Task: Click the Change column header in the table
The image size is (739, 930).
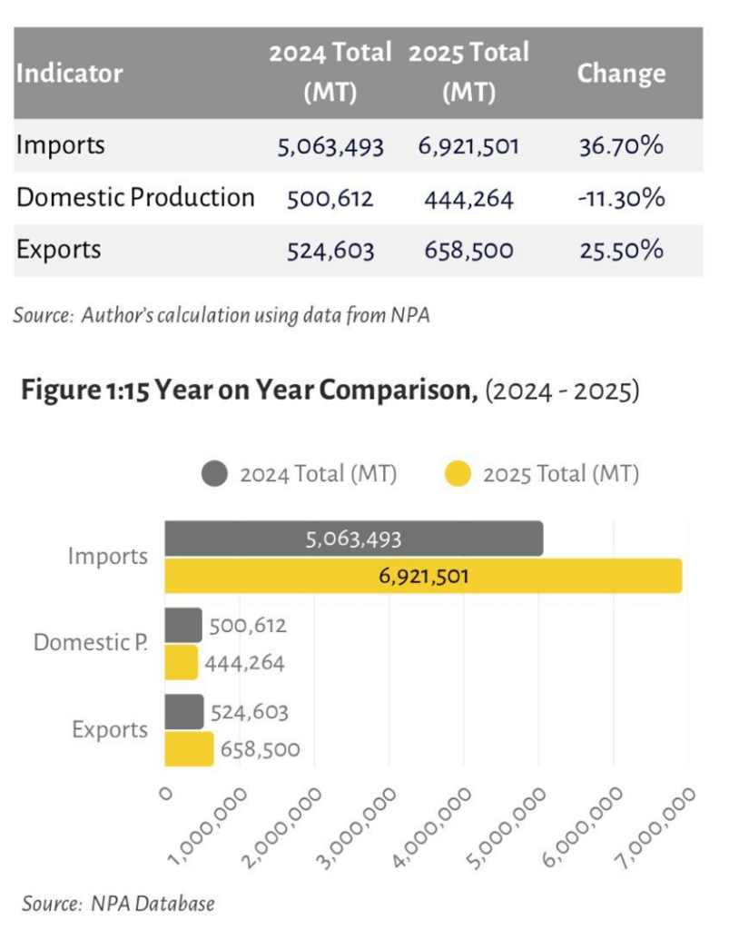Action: [621, 74]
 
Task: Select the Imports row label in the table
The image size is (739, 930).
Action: [61, 145]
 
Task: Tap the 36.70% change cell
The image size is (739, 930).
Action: [621, 145]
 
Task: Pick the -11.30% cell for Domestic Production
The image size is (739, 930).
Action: [621, 198]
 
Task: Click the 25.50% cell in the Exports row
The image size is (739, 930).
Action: [621, 251]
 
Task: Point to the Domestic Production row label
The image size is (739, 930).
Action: [135, 198]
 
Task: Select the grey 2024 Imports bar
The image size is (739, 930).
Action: [353, 539]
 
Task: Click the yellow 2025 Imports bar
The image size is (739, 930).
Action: [422, 576]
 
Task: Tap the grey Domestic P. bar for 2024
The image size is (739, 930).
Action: [183, 626]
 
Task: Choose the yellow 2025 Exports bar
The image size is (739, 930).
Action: [189, 749]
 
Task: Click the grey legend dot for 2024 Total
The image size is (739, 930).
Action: [215, 474]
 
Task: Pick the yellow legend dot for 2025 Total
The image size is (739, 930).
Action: [459, 474]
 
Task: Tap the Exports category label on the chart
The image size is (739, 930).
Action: [110, 730]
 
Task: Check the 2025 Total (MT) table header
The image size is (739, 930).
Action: [468, 74]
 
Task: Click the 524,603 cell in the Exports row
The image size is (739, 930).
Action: [330, 251]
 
